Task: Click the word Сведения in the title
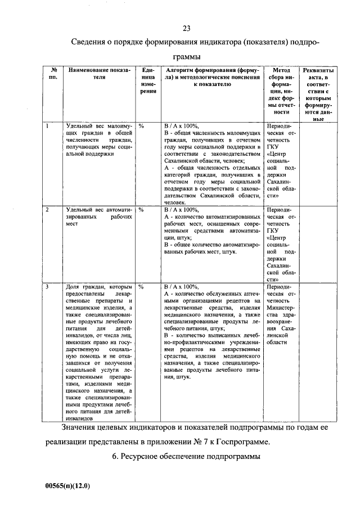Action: (x=92, y=43)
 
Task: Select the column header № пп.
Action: (x=53, y=74)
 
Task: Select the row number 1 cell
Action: (x=48, y=126)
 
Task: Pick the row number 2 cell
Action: (x=48, y=209)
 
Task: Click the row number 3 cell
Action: (x=48, y=287)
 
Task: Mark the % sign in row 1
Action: (x=142, y=126)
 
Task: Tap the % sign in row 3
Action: (x=142, y=287)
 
